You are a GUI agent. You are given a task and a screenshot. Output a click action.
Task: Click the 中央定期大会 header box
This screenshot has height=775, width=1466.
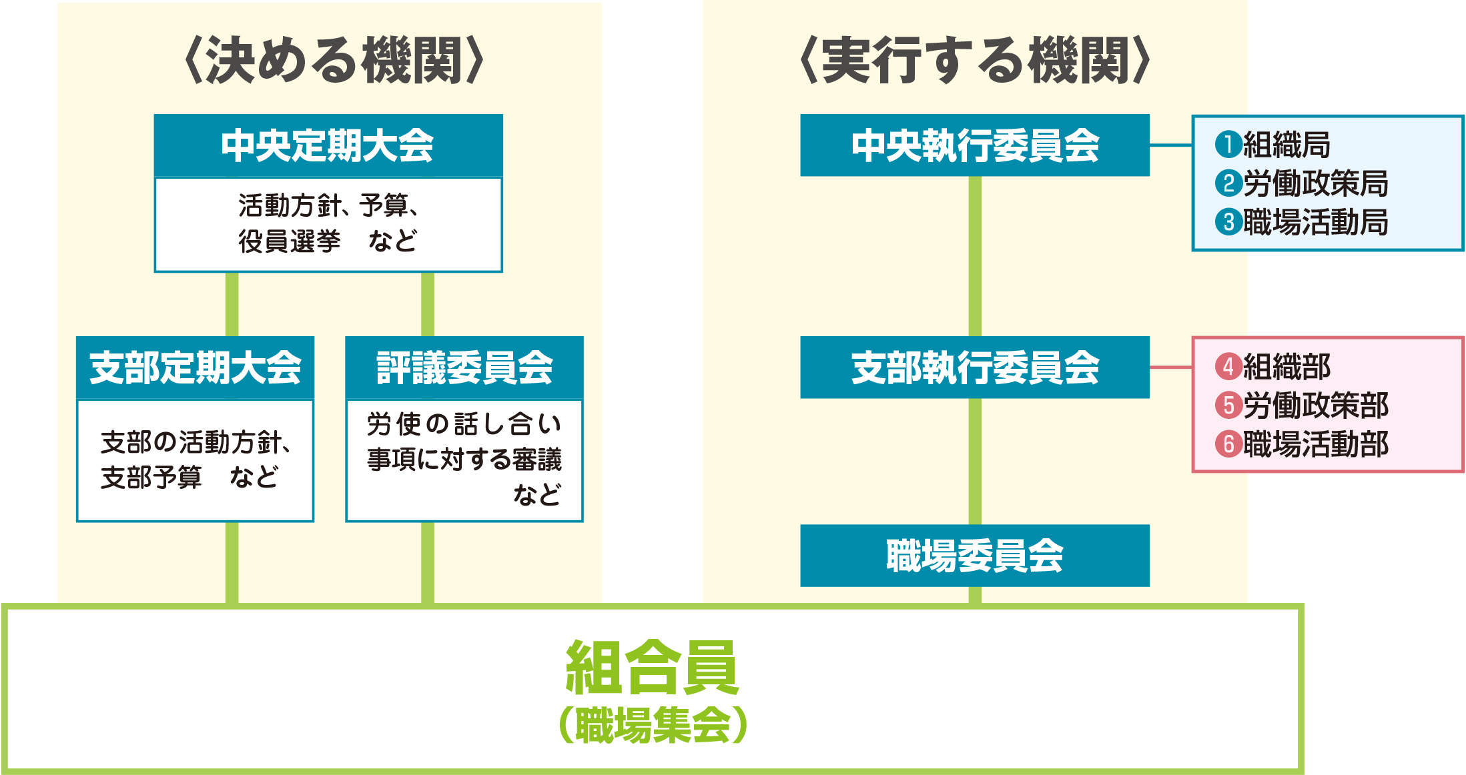click(328, 145)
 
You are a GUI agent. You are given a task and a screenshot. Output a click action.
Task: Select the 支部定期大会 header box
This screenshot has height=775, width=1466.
click(195, 367)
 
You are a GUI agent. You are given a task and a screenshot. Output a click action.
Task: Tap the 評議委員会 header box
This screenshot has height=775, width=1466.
click(464, 367)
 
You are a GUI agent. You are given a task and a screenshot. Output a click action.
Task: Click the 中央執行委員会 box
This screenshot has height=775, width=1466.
click(974, 145)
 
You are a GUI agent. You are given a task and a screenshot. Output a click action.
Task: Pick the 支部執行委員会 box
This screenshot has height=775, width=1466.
click(974, 367)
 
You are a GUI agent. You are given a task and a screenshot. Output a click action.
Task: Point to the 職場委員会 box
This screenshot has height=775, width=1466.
click(974, 556)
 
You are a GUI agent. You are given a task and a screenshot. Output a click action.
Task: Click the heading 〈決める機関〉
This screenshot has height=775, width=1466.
click(334, 61)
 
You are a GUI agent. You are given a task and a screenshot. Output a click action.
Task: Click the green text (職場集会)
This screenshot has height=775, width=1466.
click(652, 725)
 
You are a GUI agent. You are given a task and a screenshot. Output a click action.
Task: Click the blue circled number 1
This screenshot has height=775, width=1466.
click(1228, 145)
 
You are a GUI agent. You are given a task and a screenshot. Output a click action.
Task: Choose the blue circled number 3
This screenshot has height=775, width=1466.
click(1228, 222)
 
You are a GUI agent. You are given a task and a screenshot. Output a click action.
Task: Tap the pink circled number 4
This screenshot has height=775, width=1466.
click(1228, 366)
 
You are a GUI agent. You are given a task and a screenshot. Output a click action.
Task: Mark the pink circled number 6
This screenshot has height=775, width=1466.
click(1228, 444)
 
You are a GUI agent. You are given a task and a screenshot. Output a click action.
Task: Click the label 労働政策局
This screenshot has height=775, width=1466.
click(1315, 183)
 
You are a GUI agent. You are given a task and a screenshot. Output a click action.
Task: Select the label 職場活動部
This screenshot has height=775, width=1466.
click(1315, 444)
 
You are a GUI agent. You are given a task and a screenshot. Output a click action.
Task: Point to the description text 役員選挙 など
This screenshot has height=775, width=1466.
click(328, 241)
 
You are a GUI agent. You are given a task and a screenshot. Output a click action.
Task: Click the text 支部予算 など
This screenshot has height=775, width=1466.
click(190, 478)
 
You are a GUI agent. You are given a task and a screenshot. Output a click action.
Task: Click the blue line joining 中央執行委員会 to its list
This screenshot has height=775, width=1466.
click(1171, 145)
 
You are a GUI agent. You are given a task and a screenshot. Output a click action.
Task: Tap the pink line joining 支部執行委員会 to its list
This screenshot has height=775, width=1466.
click(1171, 367)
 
